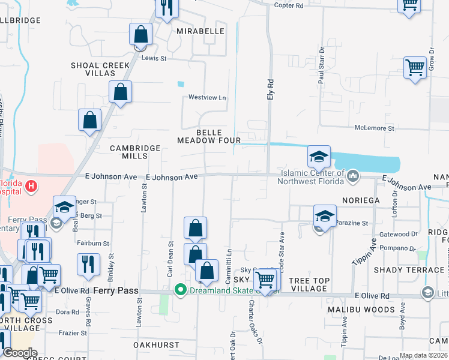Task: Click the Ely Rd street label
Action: point(270,89)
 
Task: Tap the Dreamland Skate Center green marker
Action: point(179,290)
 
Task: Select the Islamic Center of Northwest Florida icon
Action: point(353,176)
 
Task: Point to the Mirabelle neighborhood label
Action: point(200,31)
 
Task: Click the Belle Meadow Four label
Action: point(208,136)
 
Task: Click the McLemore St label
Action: point(374,128)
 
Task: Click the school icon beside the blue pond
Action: point(319,157)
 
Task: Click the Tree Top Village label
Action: point(308,284)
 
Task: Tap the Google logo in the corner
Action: point(20,353)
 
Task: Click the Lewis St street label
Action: point(154,58)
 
